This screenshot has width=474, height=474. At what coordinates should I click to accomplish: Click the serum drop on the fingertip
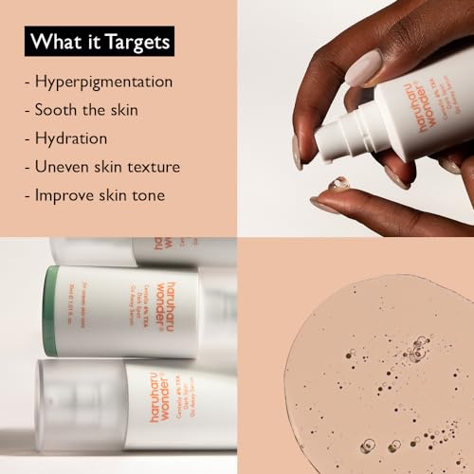338,183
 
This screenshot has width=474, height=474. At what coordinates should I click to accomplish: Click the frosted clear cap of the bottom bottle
66,404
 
